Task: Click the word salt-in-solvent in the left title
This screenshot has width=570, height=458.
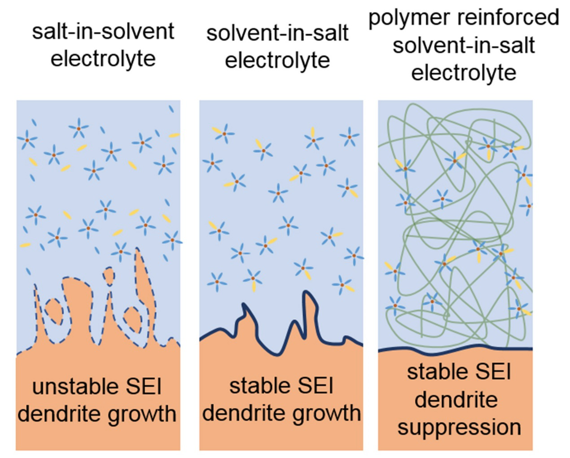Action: pyautogui.click(x=103, y=31)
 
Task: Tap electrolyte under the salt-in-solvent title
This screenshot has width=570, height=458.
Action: pyautogui.click(x=103, y=59)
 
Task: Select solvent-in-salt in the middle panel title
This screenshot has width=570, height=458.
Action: pyautogui.click(x=277, y=33)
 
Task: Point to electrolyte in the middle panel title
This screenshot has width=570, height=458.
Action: pyautogui.click(x=277, y=61)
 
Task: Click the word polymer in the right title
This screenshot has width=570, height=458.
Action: pyautogui.click(x=409, y=18)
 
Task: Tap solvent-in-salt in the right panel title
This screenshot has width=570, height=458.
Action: pyautogui.click(x=464, y=45)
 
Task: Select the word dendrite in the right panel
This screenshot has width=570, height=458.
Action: pyautogui.click(x=456, y=400)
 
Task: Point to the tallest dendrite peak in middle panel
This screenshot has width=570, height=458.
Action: pyautogui.click(x=307, y=294)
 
